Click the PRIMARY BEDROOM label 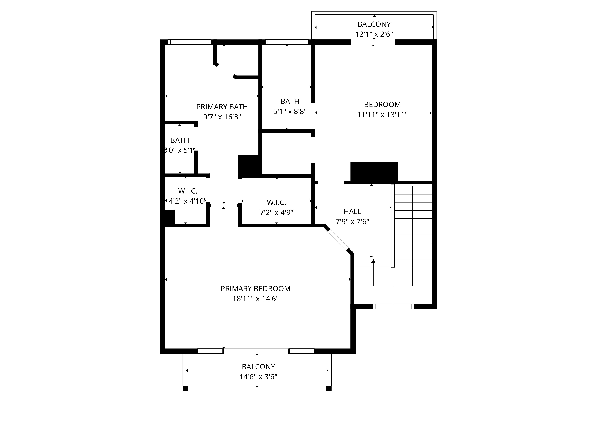coord(255,289)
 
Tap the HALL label coord(352,211)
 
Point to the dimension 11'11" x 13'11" coord(382,115)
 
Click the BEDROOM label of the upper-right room coord(382,105)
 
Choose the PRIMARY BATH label coord(222,107)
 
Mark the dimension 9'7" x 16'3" coord(222,117)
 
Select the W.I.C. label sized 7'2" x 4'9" coord(276,202)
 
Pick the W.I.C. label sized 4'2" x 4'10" coord(188,191)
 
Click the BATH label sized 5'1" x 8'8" coord(290,102)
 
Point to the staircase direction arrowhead coord(373,261)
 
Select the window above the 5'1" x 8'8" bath coord(287,42)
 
